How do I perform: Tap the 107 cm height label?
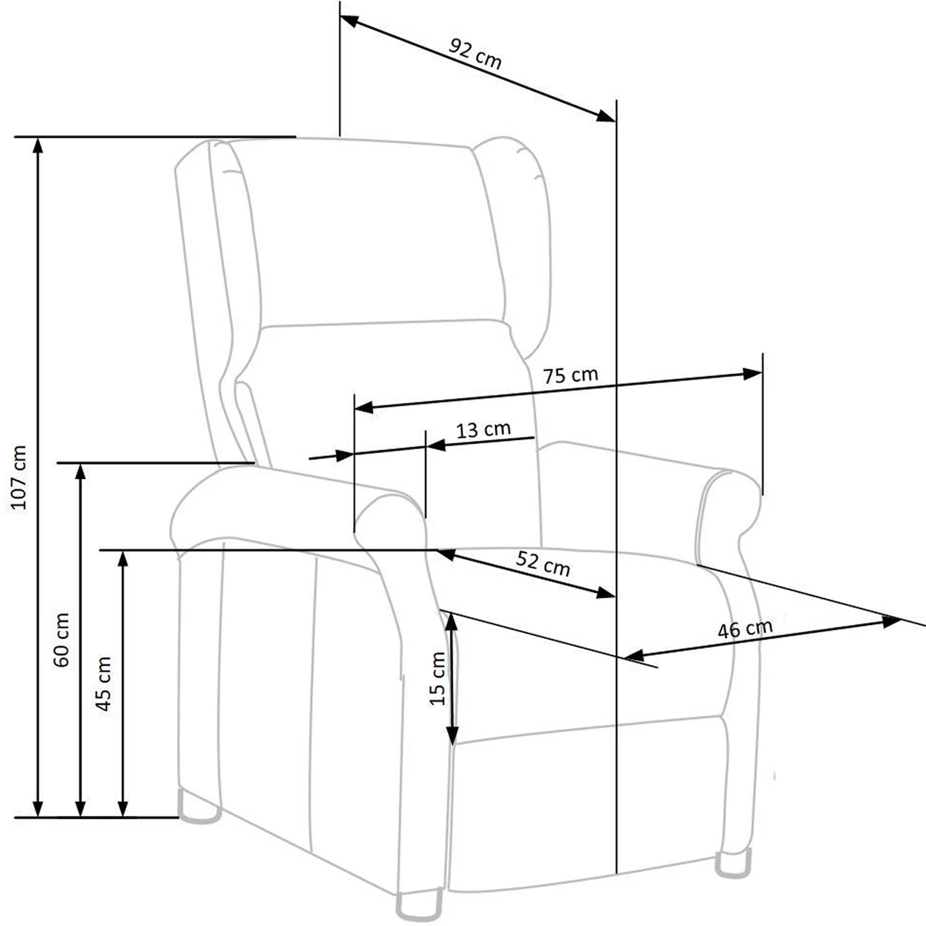pos(19,477)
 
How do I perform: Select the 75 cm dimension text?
pos(570,375)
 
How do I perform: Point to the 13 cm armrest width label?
pos(483,429)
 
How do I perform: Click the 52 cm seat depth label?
pos(543,563)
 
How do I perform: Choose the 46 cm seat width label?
pos(745,629)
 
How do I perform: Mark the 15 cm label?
pos(438,678)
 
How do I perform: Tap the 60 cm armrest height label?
pos(61,640)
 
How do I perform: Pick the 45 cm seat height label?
pos(104,684)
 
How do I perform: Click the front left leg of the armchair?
pos(418,906)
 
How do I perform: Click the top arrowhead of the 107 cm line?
pos(38,145)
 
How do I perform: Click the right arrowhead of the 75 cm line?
pos(752,374)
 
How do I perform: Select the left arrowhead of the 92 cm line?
pos(350,21)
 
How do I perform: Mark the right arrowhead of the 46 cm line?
pos(891,622)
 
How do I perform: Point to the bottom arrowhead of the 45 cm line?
pos(123,809)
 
